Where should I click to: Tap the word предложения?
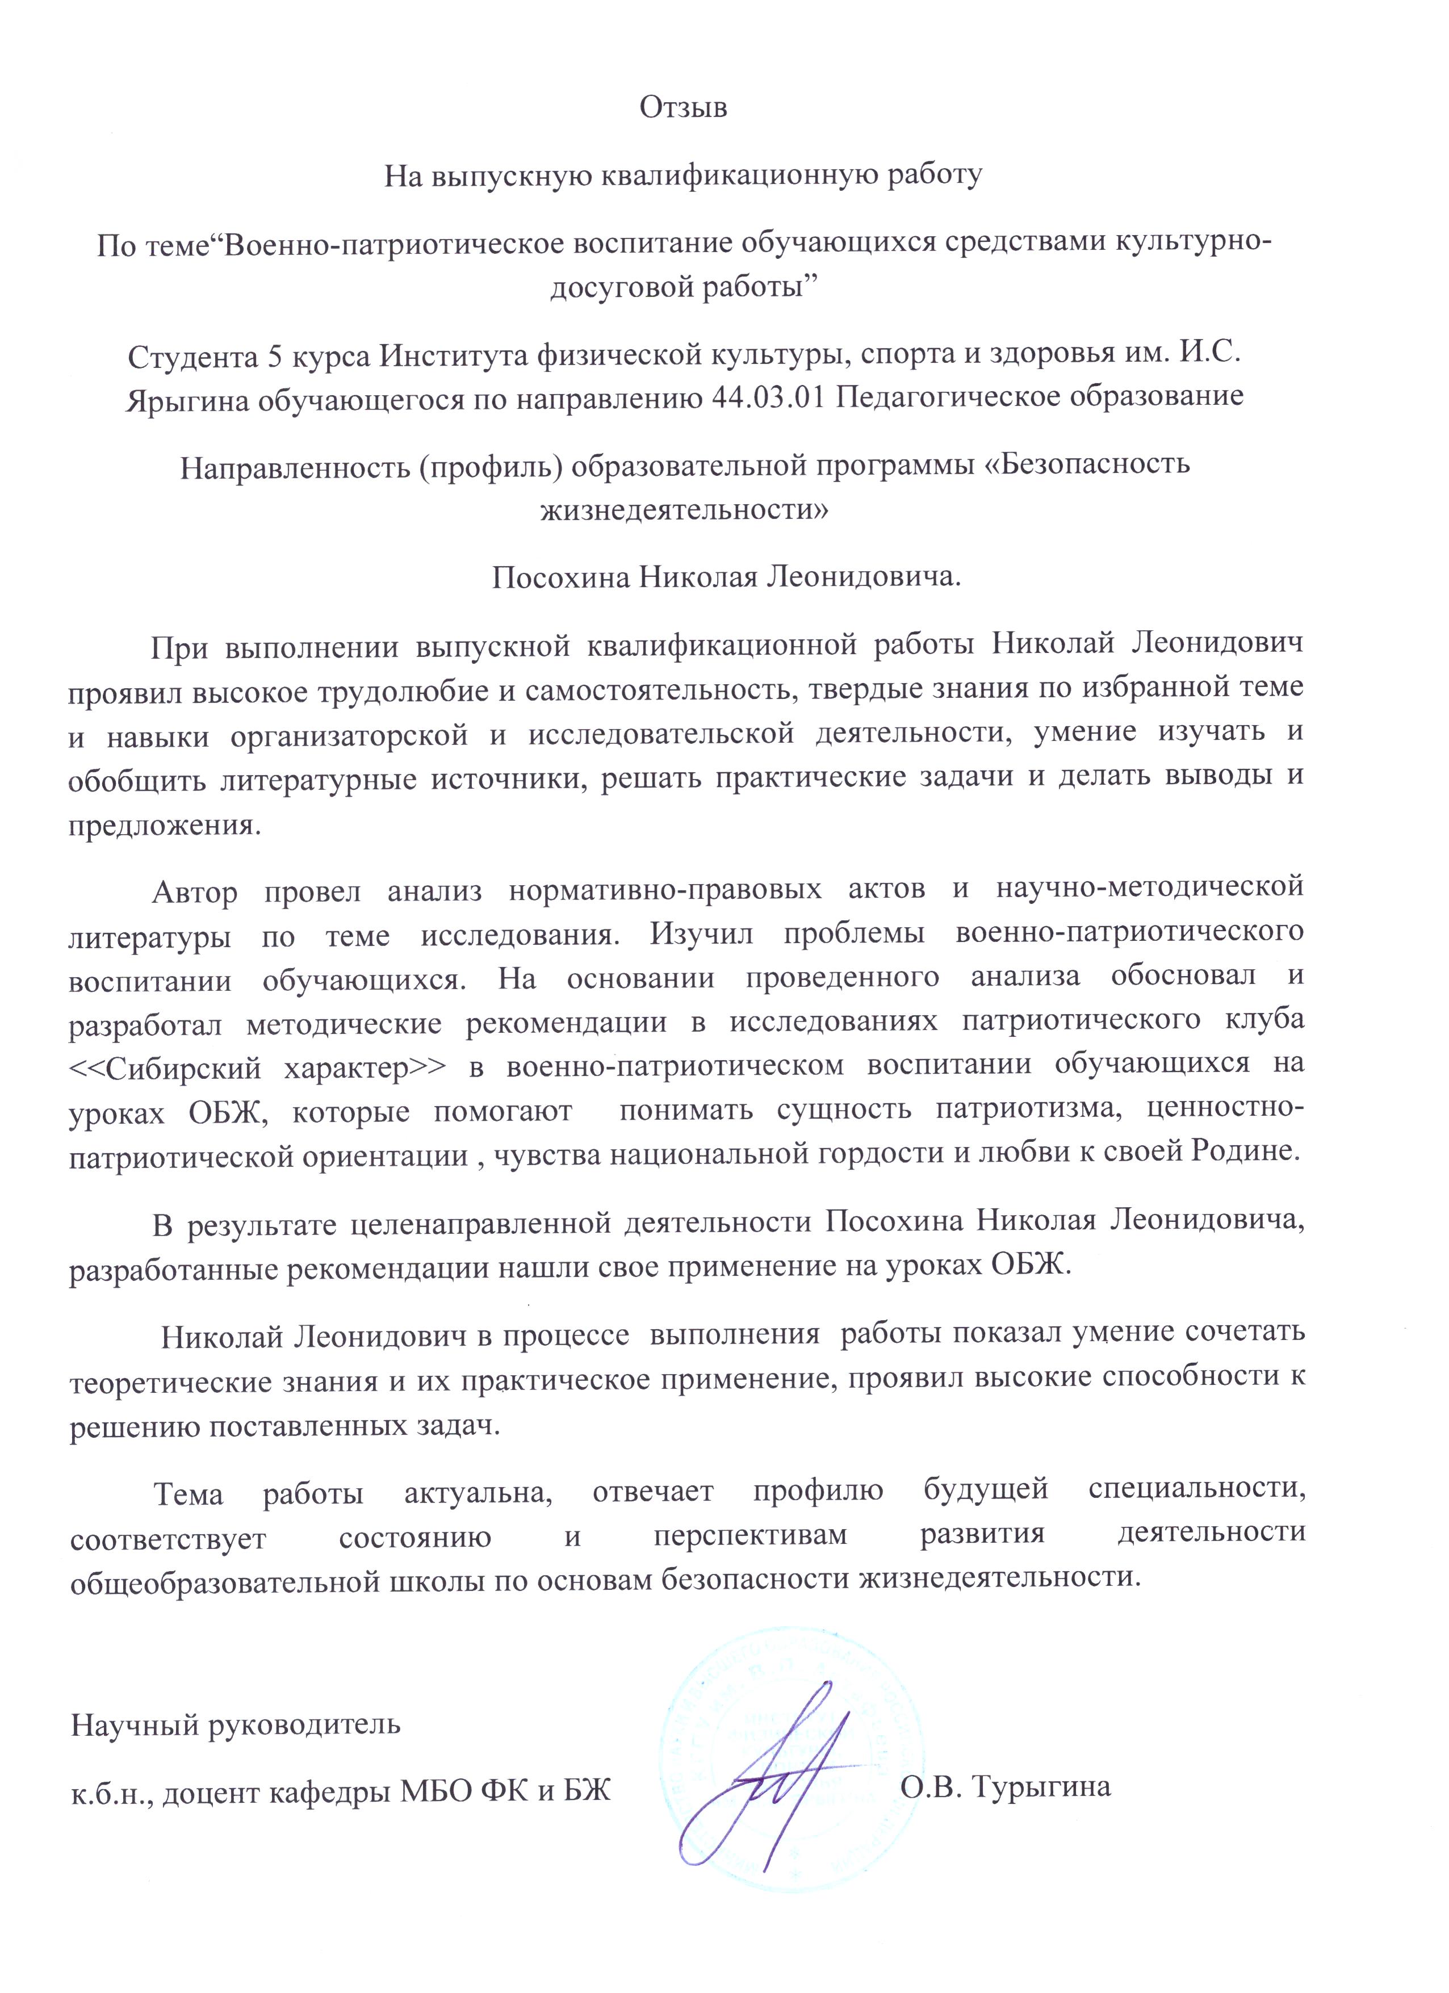pos(165,826)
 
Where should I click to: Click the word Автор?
pos(195,891)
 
